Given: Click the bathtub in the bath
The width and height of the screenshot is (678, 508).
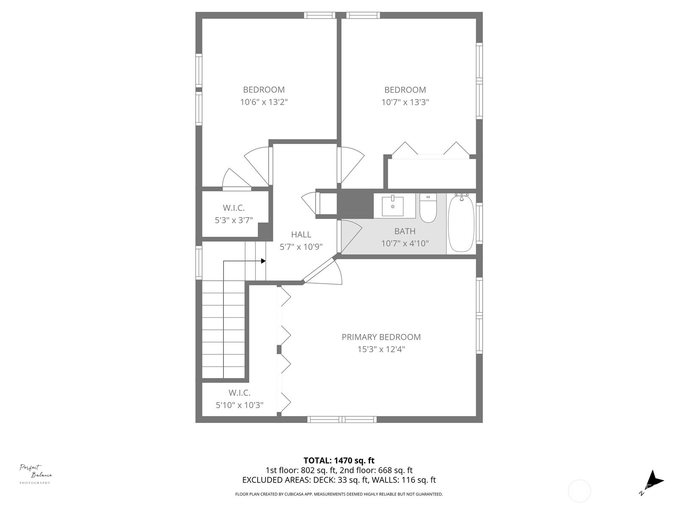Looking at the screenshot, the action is tap(461, 224).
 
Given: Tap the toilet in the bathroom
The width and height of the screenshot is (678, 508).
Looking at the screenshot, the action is tap(428, 208).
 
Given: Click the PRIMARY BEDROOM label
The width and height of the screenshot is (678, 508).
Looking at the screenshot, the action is tap(381, 337).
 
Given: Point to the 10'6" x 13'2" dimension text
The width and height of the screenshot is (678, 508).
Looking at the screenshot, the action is tap(264, 102).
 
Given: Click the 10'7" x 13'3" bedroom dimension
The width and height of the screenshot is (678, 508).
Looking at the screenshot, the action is tap(405, 102).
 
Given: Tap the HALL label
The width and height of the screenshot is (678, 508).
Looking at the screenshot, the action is tap(301, 235).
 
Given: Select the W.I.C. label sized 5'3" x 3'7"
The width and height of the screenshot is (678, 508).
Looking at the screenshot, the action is tap(234, 208).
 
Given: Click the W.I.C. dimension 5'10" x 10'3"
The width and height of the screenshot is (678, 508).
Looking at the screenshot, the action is tap(239, 405).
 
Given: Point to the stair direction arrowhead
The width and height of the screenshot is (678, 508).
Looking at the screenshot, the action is tap(263, 261).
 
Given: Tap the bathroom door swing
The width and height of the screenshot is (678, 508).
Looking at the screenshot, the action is tap(350, 236).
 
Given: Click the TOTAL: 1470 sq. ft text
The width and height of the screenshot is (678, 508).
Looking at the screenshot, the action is tap(339, 461).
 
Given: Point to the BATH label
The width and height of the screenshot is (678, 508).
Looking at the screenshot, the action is tap(405, 231).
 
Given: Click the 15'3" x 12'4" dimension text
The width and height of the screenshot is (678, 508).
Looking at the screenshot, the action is tap(381, 350).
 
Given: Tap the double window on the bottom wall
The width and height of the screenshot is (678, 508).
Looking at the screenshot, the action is tap(342, 420).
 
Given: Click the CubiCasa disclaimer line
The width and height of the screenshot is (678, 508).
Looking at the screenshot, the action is tap(339, 494).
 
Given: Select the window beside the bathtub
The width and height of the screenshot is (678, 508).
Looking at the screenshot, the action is tap(479, 224).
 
